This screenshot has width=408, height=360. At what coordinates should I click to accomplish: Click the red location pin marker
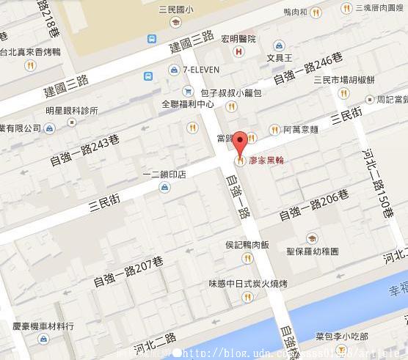(240, 142)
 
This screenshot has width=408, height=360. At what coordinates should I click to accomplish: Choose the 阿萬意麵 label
(299, 130)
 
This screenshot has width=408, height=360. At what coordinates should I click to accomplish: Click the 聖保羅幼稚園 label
(313, 251)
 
